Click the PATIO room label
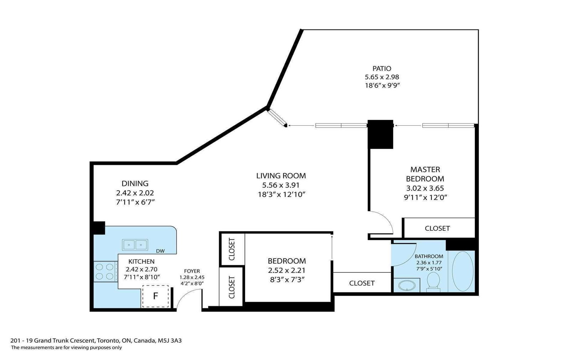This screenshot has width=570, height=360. [382, 68]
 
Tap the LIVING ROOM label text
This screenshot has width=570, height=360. [281, 176]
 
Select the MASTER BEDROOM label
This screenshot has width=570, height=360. [425, 174]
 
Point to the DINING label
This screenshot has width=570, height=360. [135, 183]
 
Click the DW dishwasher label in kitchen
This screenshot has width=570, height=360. [160, 251]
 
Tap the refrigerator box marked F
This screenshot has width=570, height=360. [155, 296]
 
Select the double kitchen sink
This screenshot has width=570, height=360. [135, 245]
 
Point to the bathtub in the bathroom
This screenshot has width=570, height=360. [463, 271]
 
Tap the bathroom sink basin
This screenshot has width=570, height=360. [406, 286]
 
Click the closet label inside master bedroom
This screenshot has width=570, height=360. [437, 229]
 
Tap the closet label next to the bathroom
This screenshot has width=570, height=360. [362, 283]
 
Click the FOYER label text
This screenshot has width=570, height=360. [192, 271]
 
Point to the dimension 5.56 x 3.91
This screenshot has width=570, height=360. [281, 185]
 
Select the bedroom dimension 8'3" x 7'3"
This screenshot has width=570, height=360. [287, 280]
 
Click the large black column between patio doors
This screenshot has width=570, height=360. [380, 134]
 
